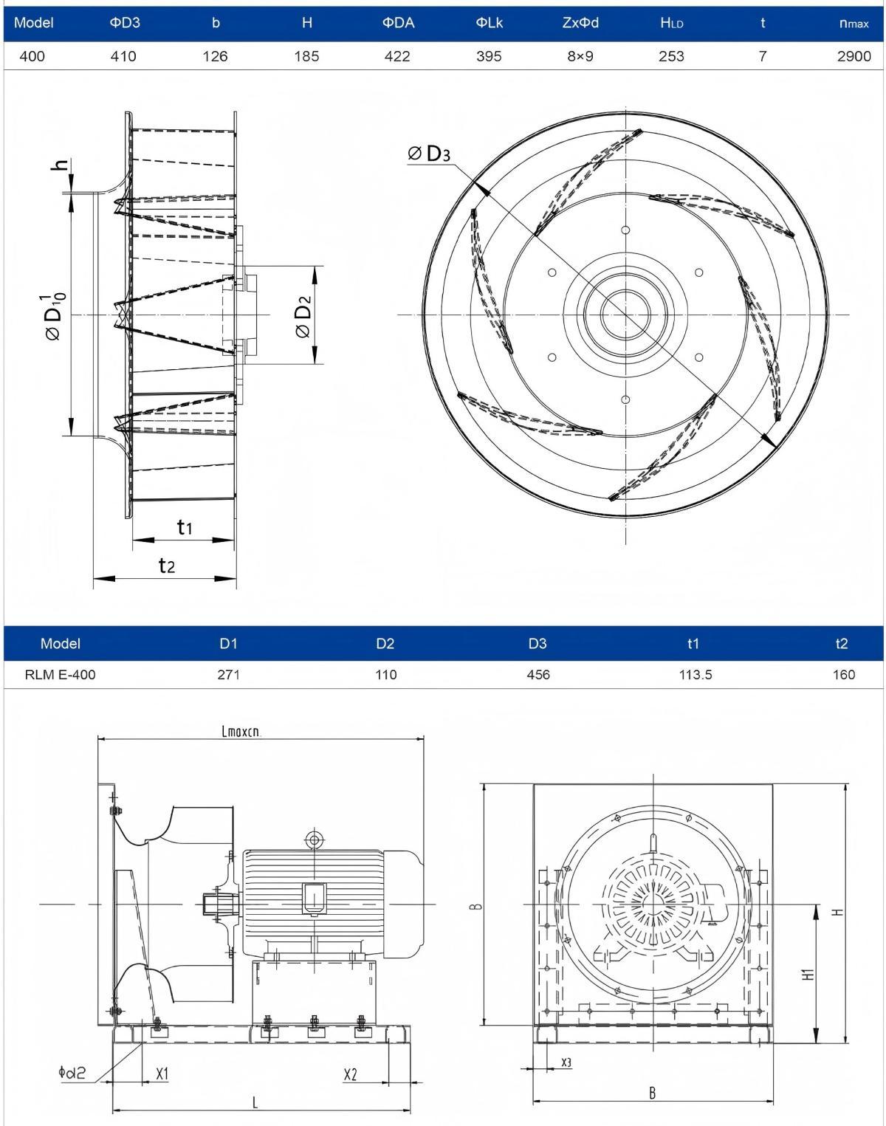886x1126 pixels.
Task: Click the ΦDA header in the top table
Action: click(398, 23)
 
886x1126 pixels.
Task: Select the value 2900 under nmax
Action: click(854, 56)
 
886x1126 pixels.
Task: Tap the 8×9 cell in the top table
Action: click(580, 56)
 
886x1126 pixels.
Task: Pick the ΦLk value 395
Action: click(489, 56)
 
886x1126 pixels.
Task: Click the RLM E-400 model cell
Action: click(60, 674)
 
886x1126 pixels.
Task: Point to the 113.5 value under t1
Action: click(695, 674)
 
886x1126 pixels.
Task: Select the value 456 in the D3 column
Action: click(538, 674)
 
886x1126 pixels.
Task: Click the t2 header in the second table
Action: click(842, 643)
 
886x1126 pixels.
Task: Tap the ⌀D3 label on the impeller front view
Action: click(429, 154)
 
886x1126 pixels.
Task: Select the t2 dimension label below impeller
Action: click(167, 565)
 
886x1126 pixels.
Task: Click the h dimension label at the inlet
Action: click(63, 165)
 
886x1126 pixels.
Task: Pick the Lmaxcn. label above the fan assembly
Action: click(241, 732)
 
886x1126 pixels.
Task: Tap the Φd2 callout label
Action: click(72, 1072)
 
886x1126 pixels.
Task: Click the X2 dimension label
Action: click(350, 1074)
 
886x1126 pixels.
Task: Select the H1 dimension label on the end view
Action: click(809, 974)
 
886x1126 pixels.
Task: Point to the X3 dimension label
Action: click(566, 1062)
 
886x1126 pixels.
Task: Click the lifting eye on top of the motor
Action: click(314, 839)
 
